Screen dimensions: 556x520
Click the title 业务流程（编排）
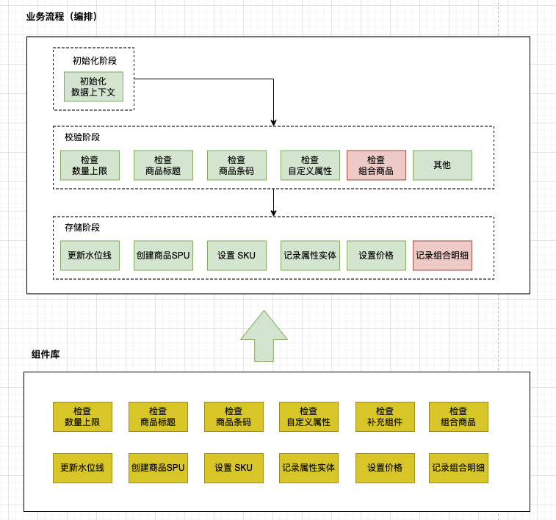click(x=62, y=16)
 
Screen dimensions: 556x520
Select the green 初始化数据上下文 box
click(x=93, y=87)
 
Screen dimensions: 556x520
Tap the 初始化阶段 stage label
click(x=95, y=61)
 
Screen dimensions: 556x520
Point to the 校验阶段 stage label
click(x=82, y=137)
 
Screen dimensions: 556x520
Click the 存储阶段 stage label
click(x=82, y=227)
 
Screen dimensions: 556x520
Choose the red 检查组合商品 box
click(x=376, y=165)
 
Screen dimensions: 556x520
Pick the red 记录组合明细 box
click(x=442, y=256)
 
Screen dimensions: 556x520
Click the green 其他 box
click(x=442, y=165)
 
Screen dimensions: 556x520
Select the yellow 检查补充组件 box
click(x=385, y=417)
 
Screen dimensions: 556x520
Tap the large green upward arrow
click(x=264, y=336)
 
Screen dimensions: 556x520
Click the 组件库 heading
click(x=46, y=354)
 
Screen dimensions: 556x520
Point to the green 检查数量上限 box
click(x=90, y=165)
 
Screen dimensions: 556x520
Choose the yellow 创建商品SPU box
click(x=158, y=469)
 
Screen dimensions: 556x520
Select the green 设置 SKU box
click(x=237, y=256)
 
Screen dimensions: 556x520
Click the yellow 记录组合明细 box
click(x=458, y=469)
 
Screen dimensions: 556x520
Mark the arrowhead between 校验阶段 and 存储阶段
click(x=273, y=213)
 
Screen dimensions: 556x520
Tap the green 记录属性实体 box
click(x=310, y=256)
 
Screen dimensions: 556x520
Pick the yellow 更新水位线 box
click(x=82, y=469)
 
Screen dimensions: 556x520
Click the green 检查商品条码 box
click(x=237, y=165)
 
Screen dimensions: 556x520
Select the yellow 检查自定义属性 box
click(x=309, y=417)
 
